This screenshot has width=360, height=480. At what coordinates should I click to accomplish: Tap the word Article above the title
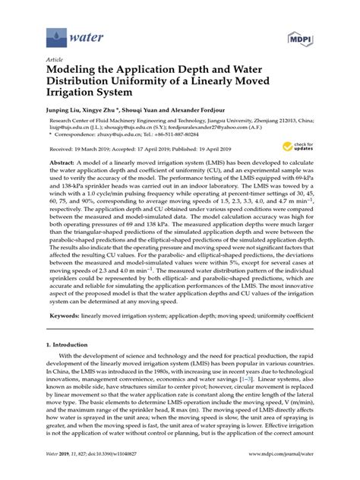[x=55, y=58]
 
